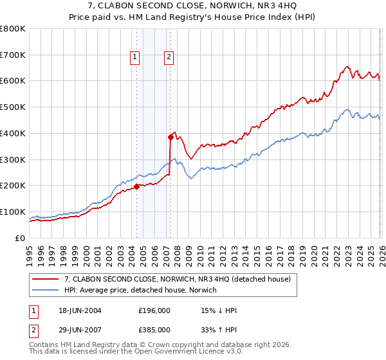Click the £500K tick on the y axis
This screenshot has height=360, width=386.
click(x=12, y=107)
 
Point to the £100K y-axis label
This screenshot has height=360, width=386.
click(x=12, y=212)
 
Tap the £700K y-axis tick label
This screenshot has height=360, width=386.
click(x=12, y=55)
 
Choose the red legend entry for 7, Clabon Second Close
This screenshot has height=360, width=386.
click(x=178, y=279)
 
